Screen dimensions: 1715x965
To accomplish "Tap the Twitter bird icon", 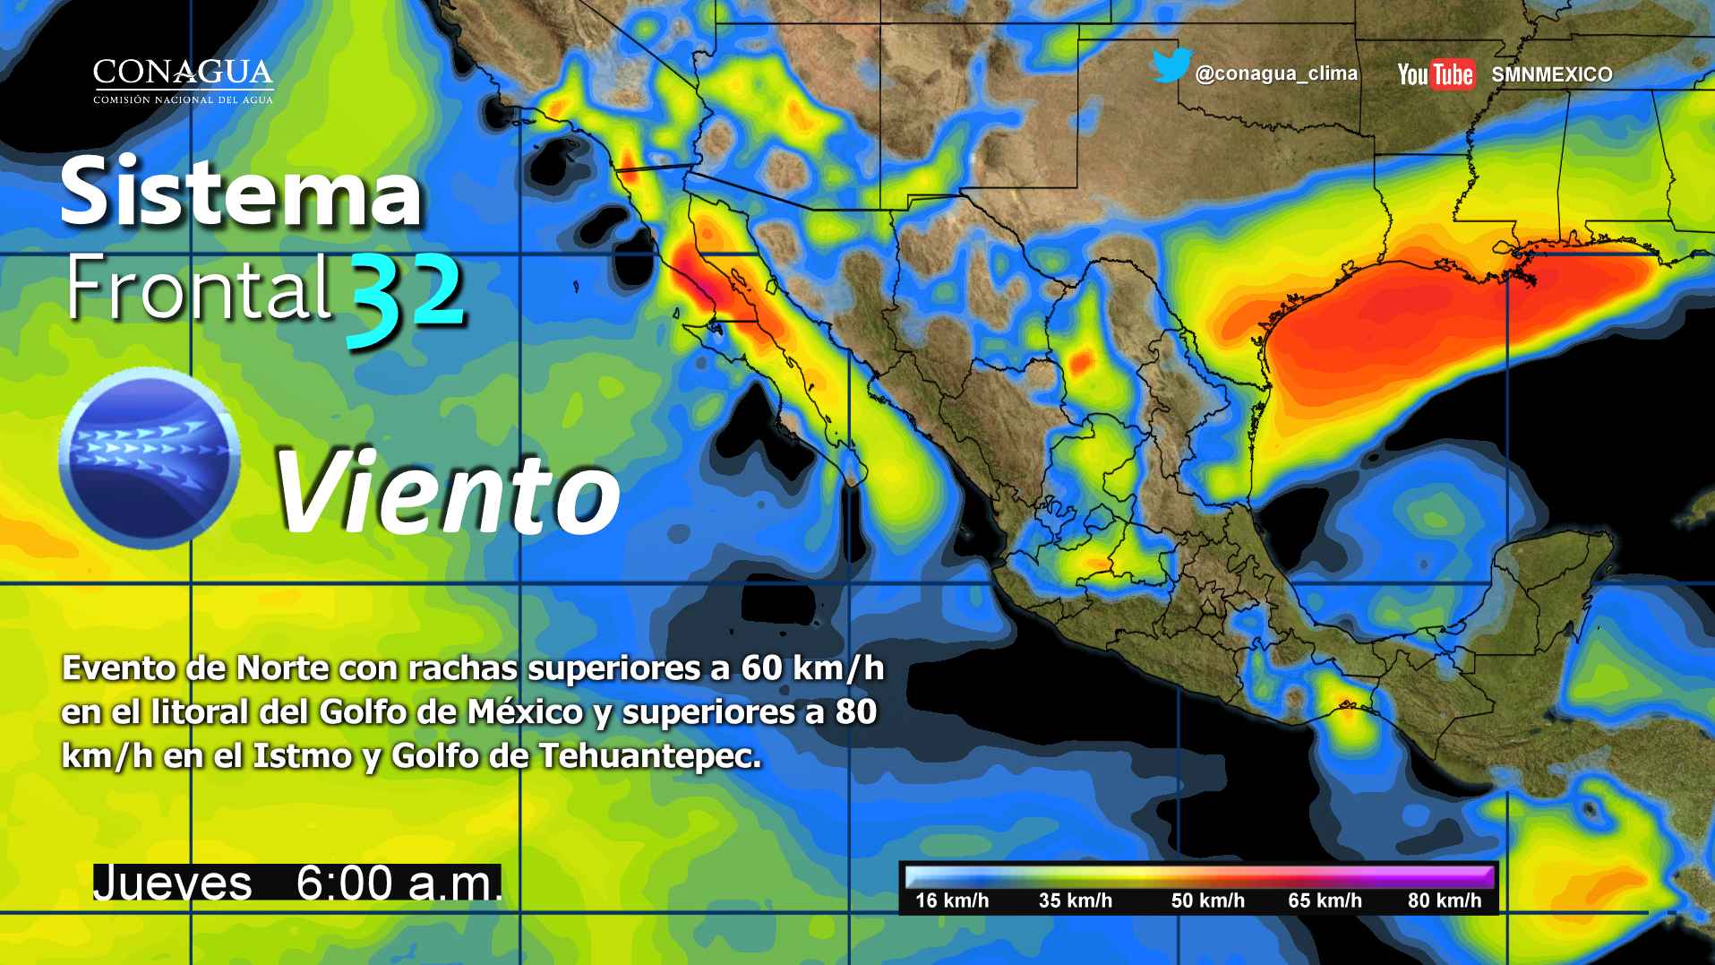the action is pos(1170,67).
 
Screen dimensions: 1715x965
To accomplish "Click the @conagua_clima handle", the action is pos(1276,74).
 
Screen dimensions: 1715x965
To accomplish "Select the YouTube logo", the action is pos(1436,74).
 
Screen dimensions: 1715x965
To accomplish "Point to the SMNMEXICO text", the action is pos(1552,75).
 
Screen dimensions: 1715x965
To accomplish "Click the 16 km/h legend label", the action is pos(952,900).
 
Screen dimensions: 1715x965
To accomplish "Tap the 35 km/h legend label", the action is pos(1075,900).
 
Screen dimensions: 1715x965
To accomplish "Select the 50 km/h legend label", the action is pos(1207,900).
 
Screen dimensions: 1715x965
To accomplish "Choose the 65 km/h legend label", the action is pos(1325,900).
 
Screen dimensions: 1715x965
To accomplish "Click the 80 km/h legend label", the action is pos(1445,900).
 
